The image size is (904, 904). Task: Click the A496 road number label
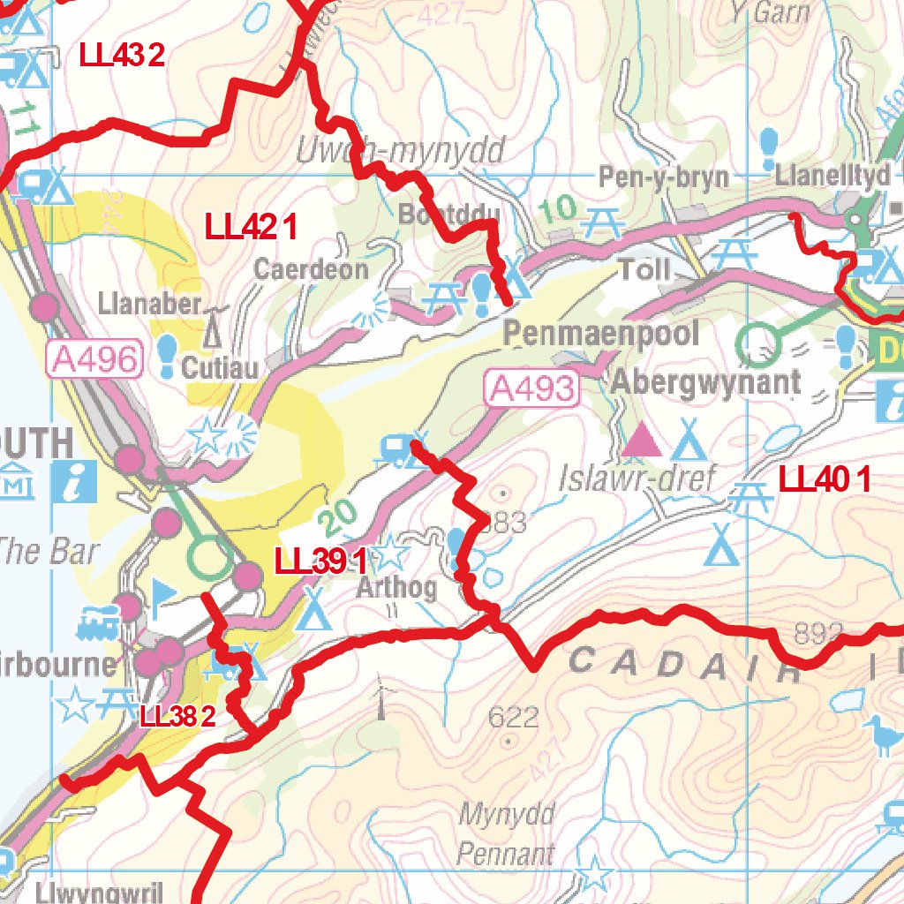pyautogui.click(x=95, y=359)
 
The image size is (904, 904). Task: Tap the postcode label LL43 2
pyautogui.click(x=122, y=56)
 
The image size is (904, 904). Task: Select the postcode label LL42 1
pyautogui.click(x=250, y=227)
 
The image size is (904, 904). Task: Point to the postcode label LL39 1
pyautogui.click(x=320, y=561)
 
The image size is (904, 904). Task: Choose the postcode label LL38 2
pyautogui.click(x=177, y=716)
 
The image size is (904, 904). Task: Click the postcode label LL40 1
pyautogui.click(x=825, y=480)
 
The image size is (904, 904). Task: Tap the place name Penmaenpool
pyautogui.click(x=601, y=334)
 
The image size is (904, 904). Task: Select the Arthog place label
pyautogui.click(x=395, y=588)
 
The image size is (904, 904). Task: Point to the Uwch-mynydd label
pyautogui.click(x=402, y=152)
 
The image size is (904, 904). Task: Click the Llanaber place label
pyautogui.click(x=150, y=305)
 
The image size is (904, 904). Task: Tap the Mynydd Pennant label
pyautogui.click(x=507, y=833)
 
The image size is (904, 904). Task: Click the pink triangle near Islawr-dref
pyautogui.click(x=642, y=440)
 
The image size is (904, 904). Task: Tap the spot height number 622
pyautogui.click(x=513, y=717)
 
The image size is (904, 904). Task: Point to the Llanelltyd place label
pyautogui.click(x=832, y=176)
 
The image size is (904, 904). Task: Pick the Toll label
pyautogui.click(x=644, y=268)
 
